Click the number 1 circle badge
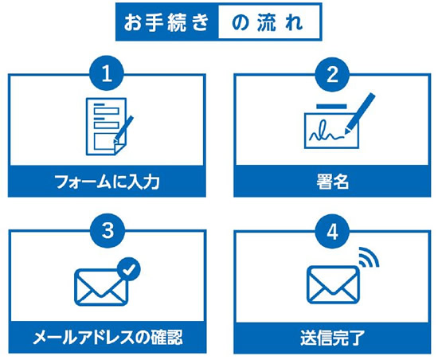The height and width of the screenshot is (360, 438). click(107, 74)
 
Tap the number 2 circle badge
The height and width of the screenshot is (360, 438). click(332, 74)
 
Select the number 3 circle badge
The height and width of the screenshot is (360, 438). click(108, 230)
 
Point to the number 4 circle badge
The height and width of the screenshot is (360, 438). click(332, 231)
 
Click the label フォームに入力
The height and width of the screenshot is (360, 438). click(107, 182)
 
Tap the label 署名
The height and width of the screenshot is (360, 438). click(332, 182)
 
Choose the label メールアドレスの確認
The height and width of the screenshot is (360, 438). click(108, 338)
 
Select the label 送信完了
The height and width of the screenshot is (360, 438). click(332, 338)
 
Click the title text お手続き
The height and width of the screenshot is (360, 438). click(166, 22)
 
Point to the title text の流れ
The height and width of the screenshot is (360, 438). click(268, 22)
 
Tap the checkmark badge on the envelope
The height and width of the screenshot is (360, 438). click(129, 269)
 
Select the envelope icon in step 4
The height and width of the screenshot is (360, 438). click(333, 284)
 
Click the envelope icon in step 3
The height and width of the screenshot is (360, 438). click(101, 287)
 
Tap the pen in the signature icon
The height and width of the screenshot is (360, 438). click(360, 113)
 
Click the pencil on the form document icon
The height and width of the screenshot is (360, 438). click(123, 130)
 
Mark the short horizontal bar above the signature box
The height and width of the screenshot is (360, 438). click(331, 107)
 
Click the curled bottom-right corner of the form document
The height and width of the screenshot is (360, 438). click(119, 149)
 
